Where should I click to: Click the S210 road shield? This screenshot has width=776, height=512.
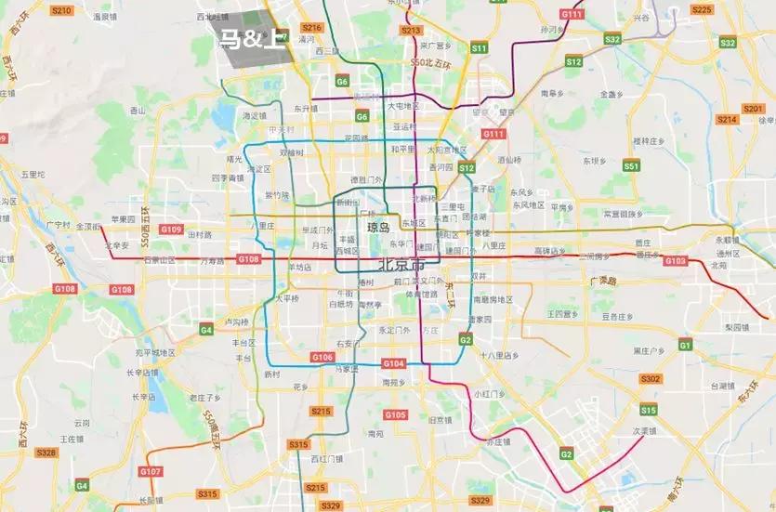[x=61, y=9]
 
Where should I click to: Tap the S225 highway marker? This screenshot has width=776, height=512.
[x=702, y=9]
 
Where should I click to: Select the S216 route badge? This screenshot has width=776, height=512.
[x=312, y=28]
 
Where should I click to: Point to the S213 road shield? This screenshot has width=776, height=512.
[x=411, y=31]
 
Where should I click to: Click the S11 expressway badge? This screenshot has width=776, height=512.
[x=480, y=46]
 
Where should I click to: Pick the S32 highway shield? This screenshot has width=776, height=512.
[x=612, y=39]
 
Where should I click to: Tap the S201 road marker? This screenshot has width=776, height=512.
[x=753, y=109]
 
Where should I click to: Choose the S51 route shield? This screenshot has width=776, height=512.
[x=632, y=166]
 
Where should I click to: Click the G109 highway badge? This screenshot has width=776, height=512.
[x=171, y=229]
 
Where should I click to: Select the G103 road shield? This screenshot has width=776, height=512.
[x=676, y=261]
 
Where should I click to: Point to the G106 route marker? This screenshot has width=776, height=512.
[x=322, y=357]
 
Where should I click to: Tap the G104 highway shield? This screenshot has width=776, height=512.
[x=393, y=363]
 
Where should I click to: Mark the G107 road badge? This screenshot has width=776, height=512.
[x=150, y=472]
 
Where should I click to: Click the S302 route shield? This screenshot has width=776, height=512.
[x=651, y=378]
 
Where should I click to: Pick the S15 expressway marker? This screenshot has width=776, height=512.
[x=648, y=410]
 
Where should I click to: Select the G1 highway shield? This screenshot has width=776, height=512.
[x=685, y=346]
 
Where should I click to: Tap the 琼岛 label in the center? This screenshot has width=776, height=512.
[x=379, y=227]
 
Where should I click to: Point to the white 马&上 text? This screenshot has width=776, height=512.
[x=252, y=39]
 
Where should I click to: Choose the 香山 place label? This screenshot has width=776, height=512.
[x=138, y=110]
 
